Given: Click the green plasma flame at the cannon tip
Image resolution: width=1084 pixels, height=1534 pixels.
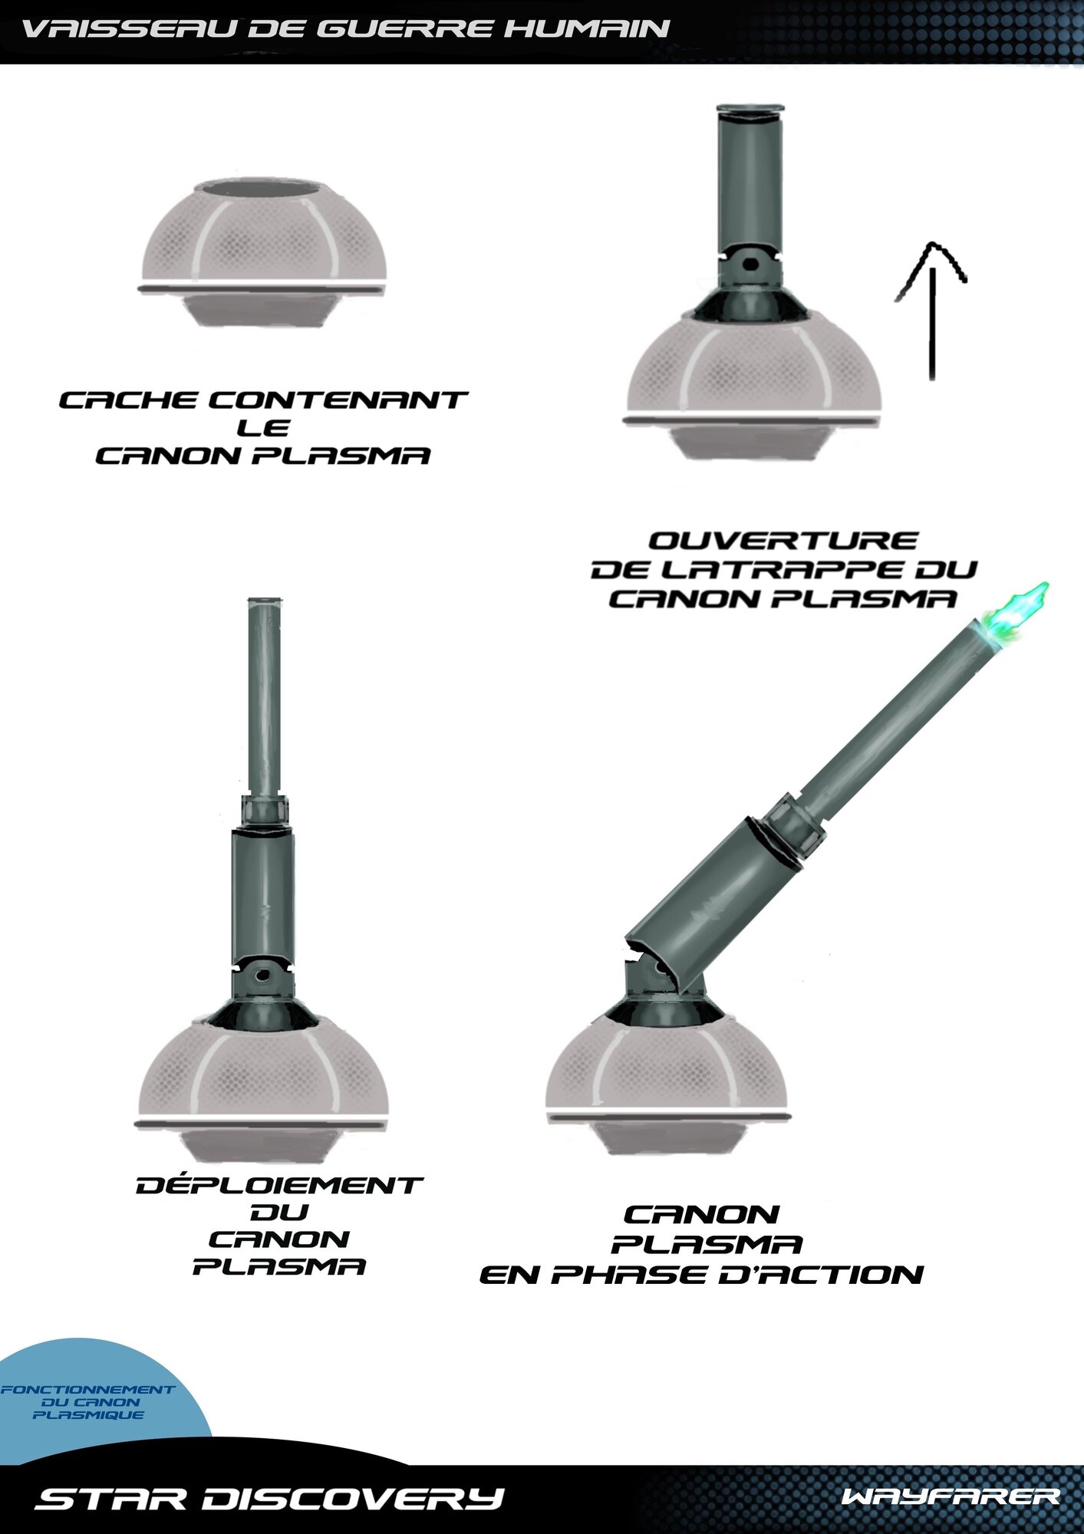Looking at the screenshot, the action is [x=1017, y=614].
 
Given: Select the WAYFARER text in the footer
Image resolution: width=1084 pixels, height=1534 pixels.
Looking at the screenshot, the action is [x=951, y=1496].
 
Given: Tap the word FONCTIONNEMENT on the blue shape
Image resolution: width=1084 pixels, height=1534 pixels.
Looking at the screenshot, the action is [x=87, y=1389].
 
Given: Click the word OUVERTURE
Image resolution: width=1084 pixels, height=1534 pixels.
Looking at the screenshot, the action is [x=783, y=541].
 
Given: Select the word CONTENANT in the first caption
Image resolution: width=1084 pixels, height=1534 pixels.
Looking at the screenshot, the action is [x=338, y=400].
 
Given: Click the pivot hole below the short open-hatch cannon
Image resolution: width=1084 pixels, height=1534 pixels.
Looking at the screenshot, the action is [x=750, y=265].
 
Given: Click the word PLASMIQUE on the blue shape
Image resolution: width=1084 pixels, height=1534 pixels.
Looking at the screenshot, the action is [x=88, y=1414].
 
